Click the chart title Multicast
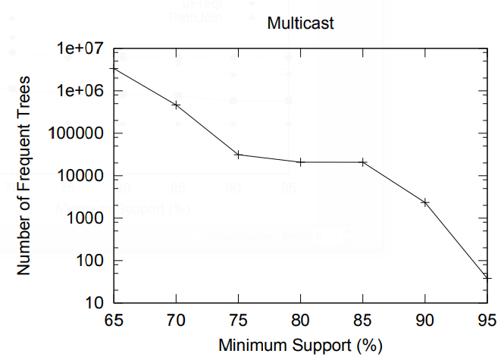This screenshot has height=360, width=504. point(301,24)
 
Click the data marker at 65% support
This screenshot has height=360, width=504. point(114,69)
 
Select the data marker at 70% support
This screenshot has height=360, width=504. point(177,105)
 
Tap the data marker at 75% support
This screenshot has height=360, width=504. point(239,155)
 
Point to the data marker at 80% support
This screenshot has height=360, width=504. point(301,162)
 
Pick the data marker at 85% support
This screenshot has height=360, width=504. point(363,162)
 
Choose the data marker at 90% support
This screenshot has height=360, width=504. point(425,202)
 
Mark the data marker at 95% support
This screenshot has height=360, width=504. point(487,278)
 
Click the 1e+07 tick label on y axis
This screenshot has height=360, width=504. point(80,49)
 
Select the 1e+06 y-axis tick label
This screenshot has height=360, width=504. point(80,91)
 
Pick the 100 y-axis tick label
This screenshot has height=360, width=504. point(91,261)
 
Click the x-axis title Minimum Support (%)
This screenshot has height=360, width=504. point(300,346)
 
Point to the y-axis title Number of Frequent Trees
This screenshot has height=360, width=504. point(24,176)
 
